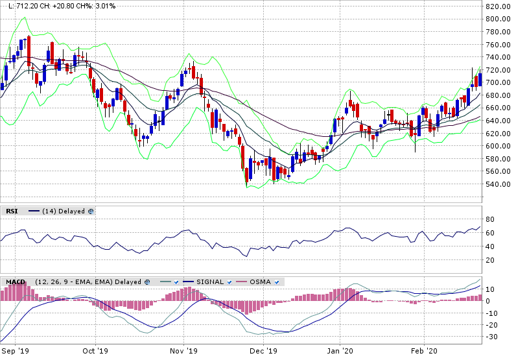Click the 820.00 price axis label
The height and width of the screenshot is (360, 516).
(498, 6)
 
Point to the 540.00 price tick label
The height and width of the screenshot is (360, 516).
(498, 184)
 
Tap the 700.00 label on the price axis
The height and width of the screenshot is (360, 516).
(498, 83)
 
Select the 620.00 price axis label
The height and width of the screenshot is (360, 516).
(498, 134)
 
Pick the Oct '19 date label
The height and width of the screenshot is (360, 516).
(95, 351)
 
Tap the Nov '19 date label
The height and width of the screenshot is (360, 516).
(184, 351)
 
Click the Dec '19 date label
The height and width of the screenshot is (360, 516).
(264, 351)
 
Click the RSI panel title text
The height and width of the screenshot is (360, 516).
(12, 211)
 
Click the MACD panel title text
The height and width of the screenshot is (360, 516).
(16, 282)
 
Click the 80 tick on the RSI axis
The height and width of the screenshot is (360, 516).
(491, 220)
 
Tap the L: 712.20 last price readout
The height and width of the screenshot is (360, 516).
(24, 6)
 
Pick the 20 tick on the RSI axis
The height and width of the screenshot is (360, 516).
(491, 261)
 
